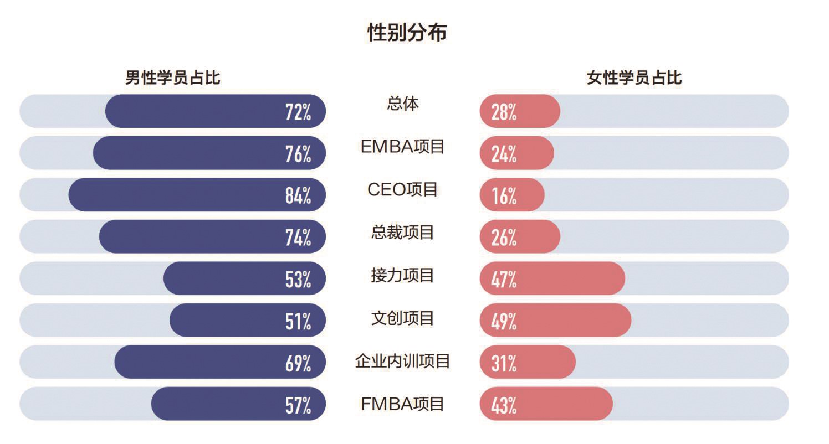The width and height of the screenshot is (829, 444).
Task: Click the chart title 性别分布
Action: (407, 33)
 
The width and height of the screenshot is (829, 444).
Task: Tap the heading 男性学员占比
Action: (172, 78)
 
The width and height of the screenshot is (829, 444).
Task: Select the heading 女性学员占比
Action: (634, 78)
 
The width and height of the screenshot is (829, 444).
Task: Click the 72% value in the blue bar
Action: (298, 112)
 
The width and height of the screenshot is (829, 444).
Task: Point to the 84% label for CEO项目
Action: (298, 195)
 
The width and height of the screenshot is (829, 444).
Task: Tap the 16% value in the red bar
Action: (504, 195)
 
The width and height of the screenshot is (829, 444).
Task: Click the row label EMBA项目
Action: (403, 147)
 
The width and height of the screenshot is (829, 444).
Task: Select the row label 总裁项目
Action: (403, 233)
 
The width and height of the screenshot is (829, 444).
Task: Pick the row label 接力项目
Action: (403, 275)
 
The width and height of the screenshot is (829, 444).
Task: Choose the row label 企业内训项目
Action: (403, 362)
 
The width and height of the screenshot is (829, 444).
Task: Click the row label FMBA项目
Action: (403, 404)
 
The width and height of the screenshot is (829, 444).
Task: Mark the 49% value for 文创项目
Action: (504, 321)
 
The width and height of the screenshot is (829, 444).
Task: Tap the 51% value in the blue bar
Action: (298, 321)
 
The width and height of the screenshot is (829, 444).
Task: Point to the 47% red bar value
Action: (504, 279)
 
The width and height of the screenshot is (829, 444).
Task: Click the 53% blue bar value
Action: (298, 279)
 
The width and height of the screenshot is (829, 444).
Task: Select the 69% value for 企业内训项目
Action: (298, 363)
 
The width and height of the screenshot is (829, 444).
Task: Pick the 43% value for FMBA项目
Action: (504, 405)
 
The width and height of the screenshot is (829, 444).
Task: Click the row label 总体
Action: (403, 104)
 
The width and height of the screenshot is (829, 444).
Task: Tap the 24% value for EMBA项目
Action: (504, 154)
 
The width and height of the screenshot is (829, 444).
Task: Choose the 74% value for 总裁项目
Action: (298, 238)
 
